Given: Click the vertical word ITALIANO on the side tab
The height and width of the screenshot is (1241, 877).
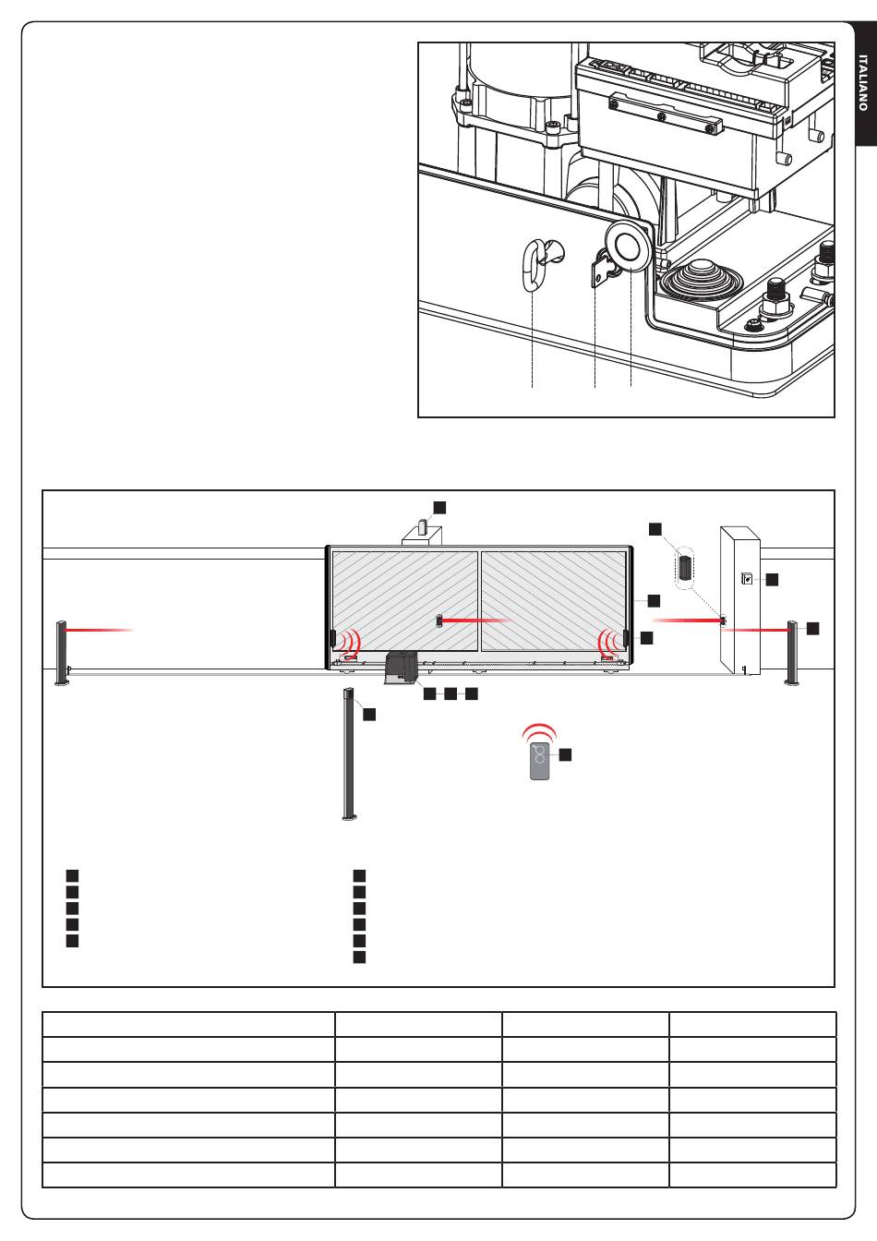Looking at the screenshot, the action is [x=863, y=82].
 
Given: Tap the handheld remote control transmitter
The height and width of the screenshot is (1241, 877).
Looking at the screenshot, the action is [x=540, y=762].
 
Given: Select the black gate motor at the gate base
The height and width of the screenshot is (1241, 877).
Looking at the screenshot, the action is [x=401, y=669].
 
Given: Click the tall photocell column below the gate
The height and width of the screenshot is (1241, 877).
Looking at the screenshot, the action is [x=349, y=753].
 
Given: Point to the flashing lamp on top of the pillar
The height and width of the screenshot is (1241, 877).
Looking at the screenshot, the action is [x=423, y=525].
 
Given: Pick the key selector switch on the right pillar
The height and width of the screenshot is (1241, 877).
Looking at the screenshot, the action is [x=747, y=578].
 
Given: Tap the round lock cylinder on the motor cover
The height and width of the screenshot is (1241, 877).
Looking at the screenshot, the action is [x=630, y=246].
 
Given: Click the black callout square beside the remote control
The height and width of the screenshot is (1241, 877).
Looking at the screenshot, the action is [x=565, y=754].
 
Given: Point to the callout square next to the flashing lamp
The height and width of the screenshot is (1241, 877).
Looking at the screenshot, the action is [x=439, y=507].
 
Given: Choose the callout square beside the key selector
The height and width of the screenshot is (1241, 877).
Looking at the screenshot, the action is [x=773, y=580].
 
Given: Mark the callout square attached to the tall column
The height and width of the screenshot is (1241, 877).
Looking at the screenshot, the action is [x=369, y=714].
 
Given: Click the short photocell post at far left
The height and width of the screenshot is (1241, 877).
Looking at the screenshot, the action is [x=62, y=653].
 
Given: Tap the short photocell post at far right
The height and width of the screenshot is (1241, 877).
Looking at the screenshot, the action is [x=792, y=653].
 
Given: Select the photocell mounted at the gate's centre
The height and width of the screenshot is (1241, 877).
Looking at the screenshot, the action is [x=439, y=620].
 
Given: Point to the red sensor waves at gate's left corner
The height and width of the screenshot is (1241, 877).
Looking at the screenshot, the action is [x=350, y=643].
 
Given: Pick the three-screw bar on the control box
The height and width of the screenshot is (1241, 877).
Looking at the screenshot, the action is [x=665, y=115].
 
